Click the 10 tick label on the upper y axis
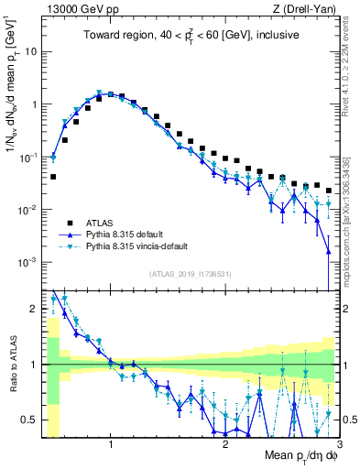(32, 51)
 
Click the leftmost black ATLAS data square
(53, 177)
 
